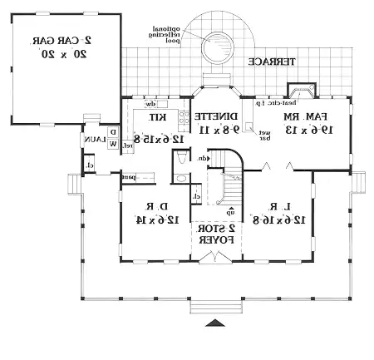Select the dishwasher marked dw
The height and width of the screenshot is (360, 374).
point(151,105)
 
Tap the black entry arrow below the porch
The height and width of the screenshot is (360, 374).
point(214,322)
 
